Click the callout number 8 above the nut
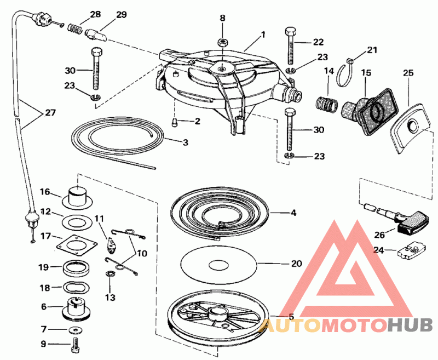pos(223,18)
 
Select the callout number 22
pos(318,42)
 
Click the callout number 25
pos(408,73)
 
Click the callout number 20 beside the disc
pos(296,264)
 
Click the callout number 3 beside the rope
pos(186,143)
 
